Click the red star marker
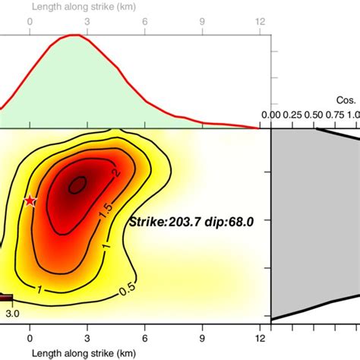pos(30,201)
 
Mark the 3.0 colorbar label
pos(12,311)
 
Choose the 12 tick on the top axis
pos(261,22)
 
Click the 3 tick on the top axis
pos(87,22)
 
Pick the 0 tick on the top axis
pos(30,22)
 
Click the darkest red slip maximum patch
pos(77,184)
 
